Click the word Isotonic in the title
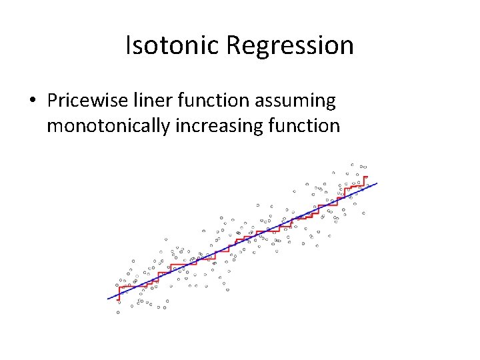tap(173, 45)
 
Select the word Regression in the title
tap(290, 45)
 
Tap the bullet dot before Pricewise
tap(32, 101)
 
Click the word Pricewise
tap(85, 101)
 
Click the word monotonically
tap(108, 125)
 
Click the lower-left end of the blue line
tap(109, 299)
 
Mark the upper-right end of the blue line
tap(377, 183)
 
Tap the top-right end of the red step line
tap(366, 177)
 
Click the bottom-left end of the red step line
tap(119, 300)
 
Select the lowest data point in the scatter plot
tap(118, 312)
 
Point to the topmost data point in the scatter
tap(352, 163)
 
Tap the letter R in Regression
tap(233, 45)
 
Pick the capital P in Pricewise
tap(51, 101)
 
